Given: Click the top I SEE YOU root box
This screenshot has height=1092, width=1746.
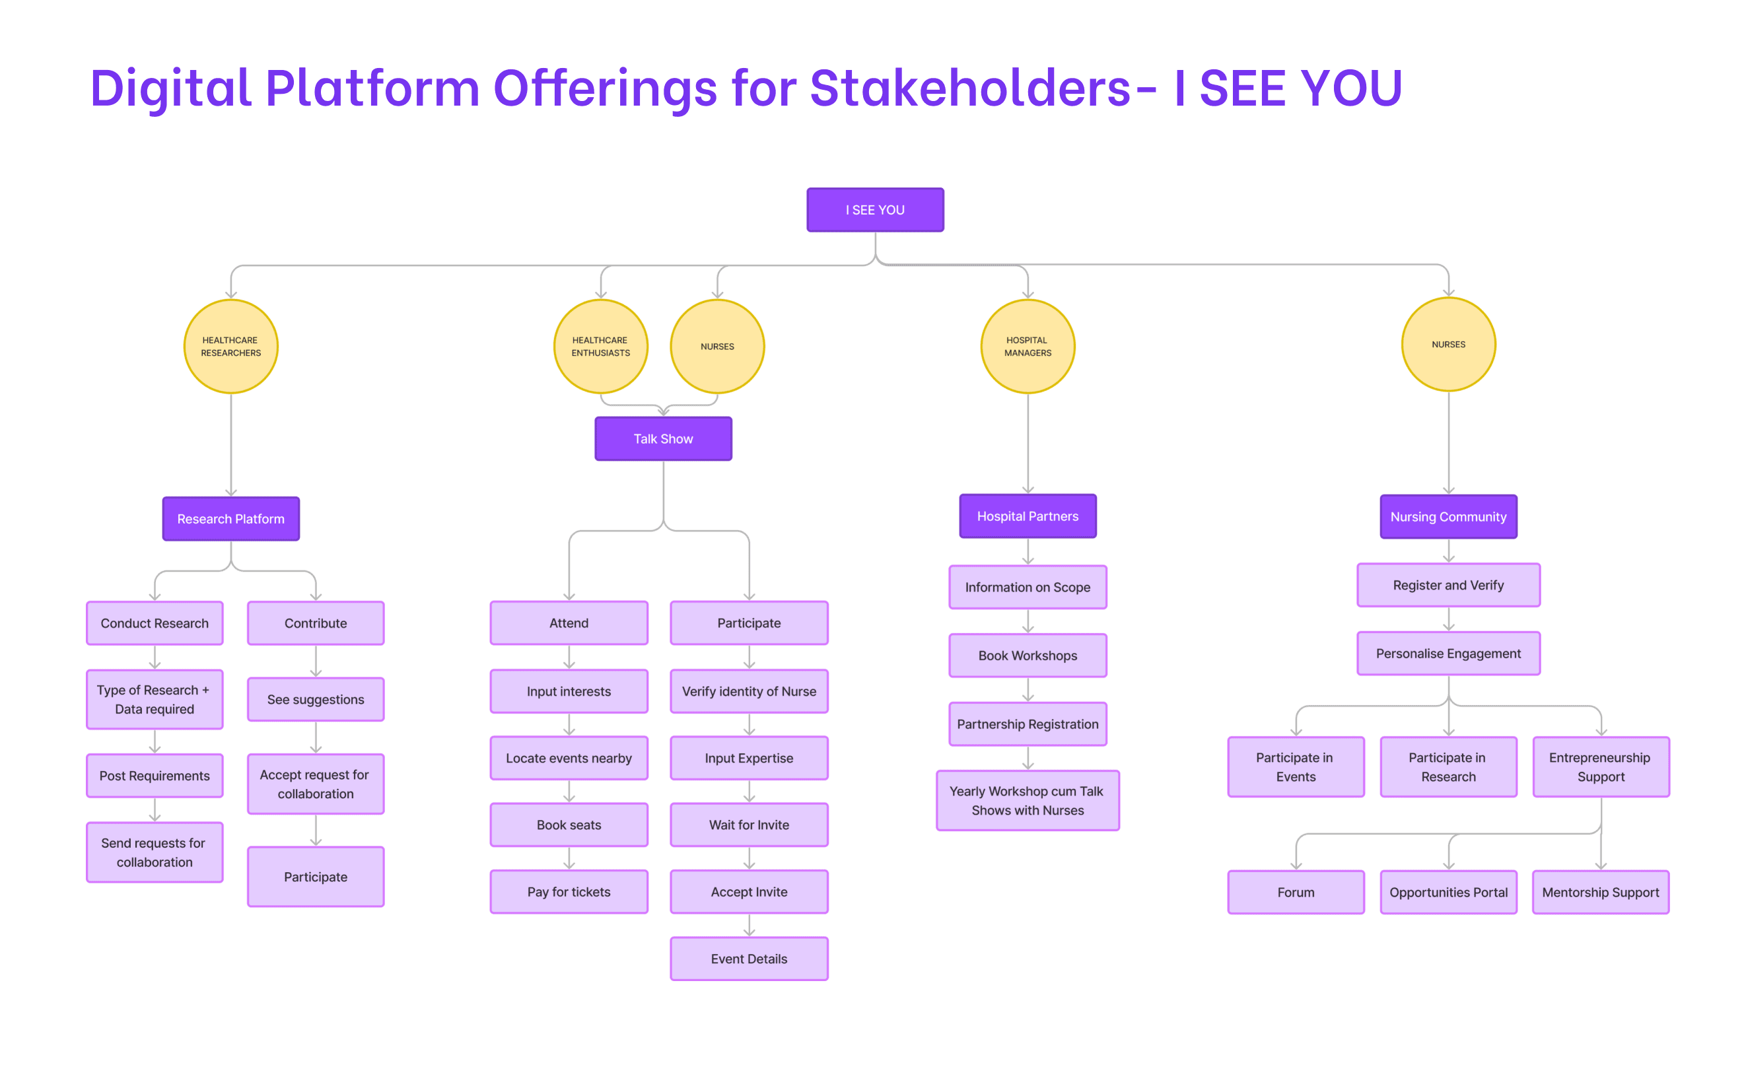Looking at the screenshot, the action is click(875, 210).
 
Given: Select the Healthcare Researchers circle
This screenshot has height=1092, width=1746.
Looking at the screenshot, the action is click(231, 347).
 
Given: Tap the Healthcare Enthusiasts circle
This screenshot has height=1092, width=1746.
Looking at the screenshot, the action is click(600, 347).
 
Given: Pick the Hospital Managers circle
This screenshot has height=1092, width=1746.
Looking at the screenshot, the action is click(1028, 347).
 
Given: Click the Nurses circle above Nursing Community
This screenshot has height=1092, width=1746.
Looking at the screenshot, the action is click(1448, 345).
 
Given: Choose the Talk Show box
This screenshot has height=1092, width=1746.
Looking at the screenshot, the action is click(663, 438).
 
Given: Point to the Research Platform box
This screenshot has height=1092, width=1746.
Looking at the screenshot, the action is click(231, 518).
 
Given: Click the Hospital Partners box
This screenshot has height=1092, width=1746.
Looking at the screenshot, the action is click(1028, 516).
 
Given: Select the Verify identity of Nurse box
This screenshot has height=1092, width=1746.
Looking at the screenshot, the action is click(749, 691).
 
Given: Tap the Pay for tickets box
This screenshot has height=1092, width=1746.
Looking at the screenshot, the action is click(569, 892).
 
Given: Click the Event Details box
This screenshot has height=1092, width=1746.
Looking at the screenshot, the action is click(749, 959).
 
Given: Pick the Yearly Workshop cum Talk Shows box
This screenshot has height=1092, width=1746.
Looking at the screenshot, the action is click(1028, 801).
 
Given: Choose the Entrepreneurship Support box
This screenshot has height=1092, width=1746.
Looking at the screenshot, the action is click(1601, 767).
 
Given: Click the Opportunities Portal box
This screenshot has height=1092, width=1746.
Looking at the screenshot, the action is click(1448, 893).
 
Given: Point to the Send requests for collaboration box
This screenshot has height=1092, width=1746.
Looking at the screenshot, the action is click(155, 852).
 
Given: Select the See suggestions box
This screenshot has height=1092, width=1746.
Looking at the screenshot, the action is click(316, 699).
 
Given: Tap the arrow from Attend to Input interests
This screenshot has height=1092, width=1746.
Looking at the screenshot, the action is click(569, 657).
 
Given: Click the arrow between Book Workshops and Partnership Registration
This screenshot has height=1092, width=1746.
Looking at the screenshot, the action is click(1028, 690).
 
